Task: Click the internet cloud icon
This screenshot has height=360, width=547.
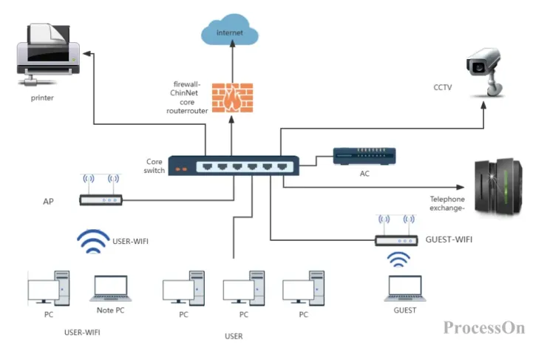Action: (231, 33)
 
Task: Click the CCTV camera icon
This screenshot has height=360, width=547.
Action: (488, 70)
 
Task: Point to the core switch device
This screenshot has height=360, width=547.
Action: (234, 166)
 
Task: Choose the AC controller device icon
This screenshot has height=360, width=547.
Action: (364, 155)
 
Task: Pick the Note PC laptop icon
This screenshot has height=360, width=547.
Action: (110, 289)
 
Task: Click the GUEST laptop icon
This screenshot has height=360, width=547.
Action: (404, 288)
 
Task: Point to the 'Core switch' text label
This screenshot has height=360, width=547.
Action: (154, 166)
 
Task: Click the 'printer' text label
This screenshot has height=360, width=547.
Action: (43, 97)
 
